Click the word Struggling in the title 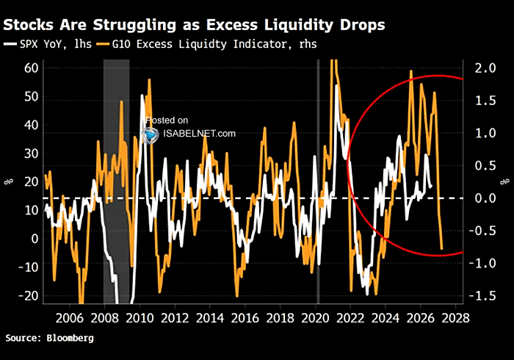coord(134,25)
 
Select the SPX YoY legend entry coord(48,44)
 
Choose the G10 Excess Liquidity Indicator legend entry coord(207,44)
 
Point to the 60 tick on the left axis coord(32,68)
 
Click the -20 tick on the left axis coord(29,296)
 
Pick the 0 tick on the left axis coord(35,239)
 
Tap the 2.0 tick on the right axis coord(485,68)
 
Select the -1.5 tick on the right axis coord(482,296)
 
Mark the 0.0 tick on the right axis coord(485,198)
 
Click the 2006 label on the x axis coord(69,318)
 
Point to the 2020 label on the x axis coord(315,318)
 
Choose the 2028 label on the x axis coord(456,318)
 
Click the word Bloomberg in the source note coord(70,338)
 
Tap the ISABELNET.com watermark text coord(199,134)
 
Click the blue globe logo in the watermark coord(151,135)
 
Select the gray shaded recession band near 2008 coord(116,181)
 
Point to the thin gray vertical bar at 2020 coord(318,181)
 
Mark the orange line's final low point coord(441,248)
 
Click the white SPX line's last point coord(431,186)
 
